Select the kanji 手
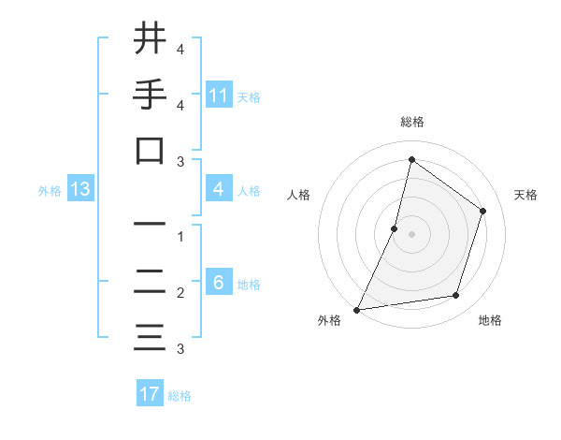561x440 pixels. point(150,95)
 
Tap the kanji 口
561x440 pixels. point(150,151)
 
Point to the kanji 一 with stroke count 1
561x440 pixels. point(150,224)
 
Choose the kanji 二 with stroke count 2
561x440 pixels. point(150,282)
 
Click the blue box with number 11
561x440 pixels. point(219,95)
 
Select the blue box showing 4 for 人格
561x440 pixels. point(219,190)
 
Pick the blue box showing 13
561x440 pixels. point(80,190)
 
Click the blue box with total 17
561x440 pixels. point(150,394)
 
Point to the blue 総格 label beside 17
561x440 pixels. point(180,396)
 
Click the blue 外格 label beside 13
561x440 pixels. point(50,191)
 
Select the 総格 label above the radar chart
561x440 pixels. point(412,123)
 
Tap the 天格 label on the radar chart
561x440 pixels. point(525,195)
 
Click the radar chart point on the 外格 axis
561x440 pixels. point(356,309)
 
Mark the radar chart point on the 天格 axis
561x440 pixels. point(483,211)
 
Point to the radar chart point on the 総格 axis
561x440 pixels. point(411,160)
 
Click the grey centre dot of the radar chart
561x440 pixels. point(411,234)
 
